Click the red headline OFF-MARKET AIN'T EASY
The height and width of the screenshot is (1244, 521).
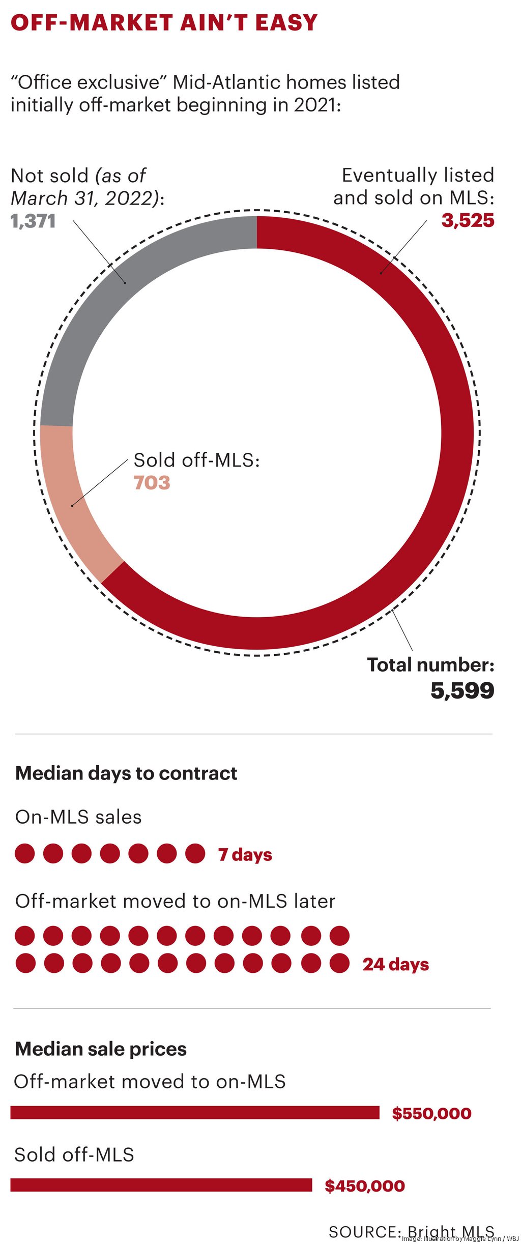click(164, 23)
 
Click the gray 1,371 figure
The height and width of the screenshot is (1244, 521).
click(33, 221)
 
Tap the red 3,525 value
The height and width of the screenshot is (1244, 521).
click(468, 221)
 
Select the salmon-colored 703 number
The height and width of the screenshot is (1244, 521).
click(152, 483)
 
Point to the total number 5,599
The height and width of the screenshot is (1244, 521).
click(462, 691)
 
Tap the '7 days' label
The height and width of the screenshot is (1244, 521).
click(245, 855)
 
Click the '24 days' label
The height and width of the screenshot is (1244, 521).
click(395, 965)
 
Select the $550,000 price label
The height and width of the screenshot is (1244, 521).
click(431, 1114)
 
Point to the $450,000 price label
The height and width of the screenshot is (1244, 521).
click(365, 1187)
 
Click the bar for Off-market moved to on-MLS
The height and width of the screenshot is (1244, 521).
click(195, 1113)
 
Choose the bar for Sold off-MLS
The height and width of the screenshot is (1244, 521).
click(161, 1185)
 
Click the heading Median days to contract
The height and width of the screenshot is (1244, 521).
click(126, 773)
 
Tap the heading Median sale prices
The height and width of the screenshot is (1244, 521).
click(101, 1049)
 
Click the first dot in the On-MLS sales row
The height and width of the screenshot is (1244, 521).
click(25, 854)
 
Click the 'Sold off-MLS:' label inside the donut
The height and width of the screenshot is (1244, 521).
click(196, 460)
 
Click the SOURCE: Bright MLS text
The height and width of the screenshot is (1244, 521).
click(411, 1232)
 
